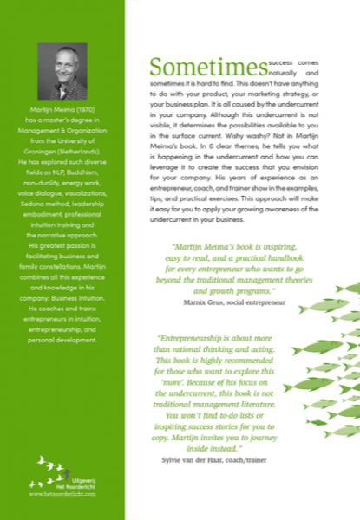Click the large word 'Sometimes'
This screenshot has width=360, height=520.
coord(206,67)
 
